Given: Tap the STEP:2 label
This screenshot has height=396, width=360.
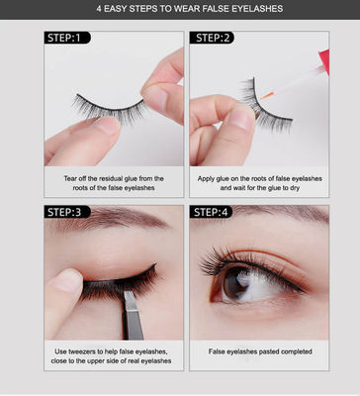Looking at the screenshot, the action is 212,38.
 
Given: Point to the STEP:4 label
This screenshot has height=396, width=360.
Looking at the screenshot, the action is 211,212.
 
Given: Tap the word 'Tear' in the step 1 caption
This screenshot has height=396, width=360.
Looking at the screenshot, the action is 70,178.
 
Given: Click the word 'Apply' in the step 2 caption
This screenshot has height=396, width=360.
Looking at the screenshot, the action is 206,179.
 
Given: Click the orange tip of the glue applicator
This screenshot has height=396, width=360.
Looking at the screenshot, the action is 267,96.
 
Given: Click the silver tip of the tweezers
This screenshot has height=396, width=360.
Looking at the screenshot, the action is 131,300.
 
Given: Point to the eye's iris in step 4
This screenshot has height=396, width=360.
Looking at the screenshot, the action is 237,283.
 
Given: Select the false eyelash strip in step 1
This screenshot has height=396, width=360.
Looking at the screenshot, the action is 109,108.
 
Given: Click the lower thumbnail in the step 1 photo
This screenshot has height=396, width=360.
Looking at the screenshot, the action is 108,125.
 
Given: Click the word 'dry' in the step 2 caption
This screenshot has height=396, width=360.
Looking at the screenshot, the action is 295,188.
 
